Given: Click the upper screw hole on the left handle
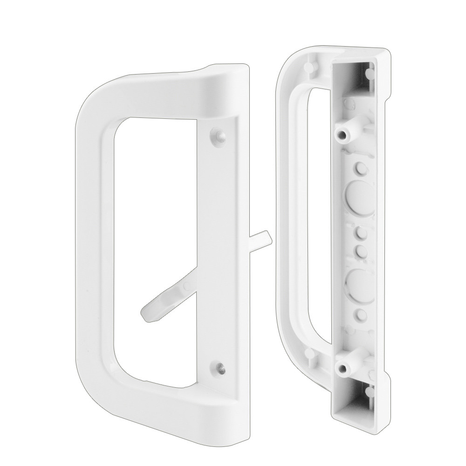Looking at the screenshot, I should (218, 135).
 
